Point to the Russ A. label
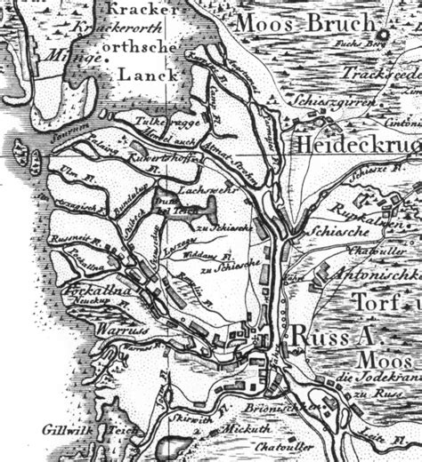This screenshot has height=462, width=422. pyautogui.click(x=331, y=338)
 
